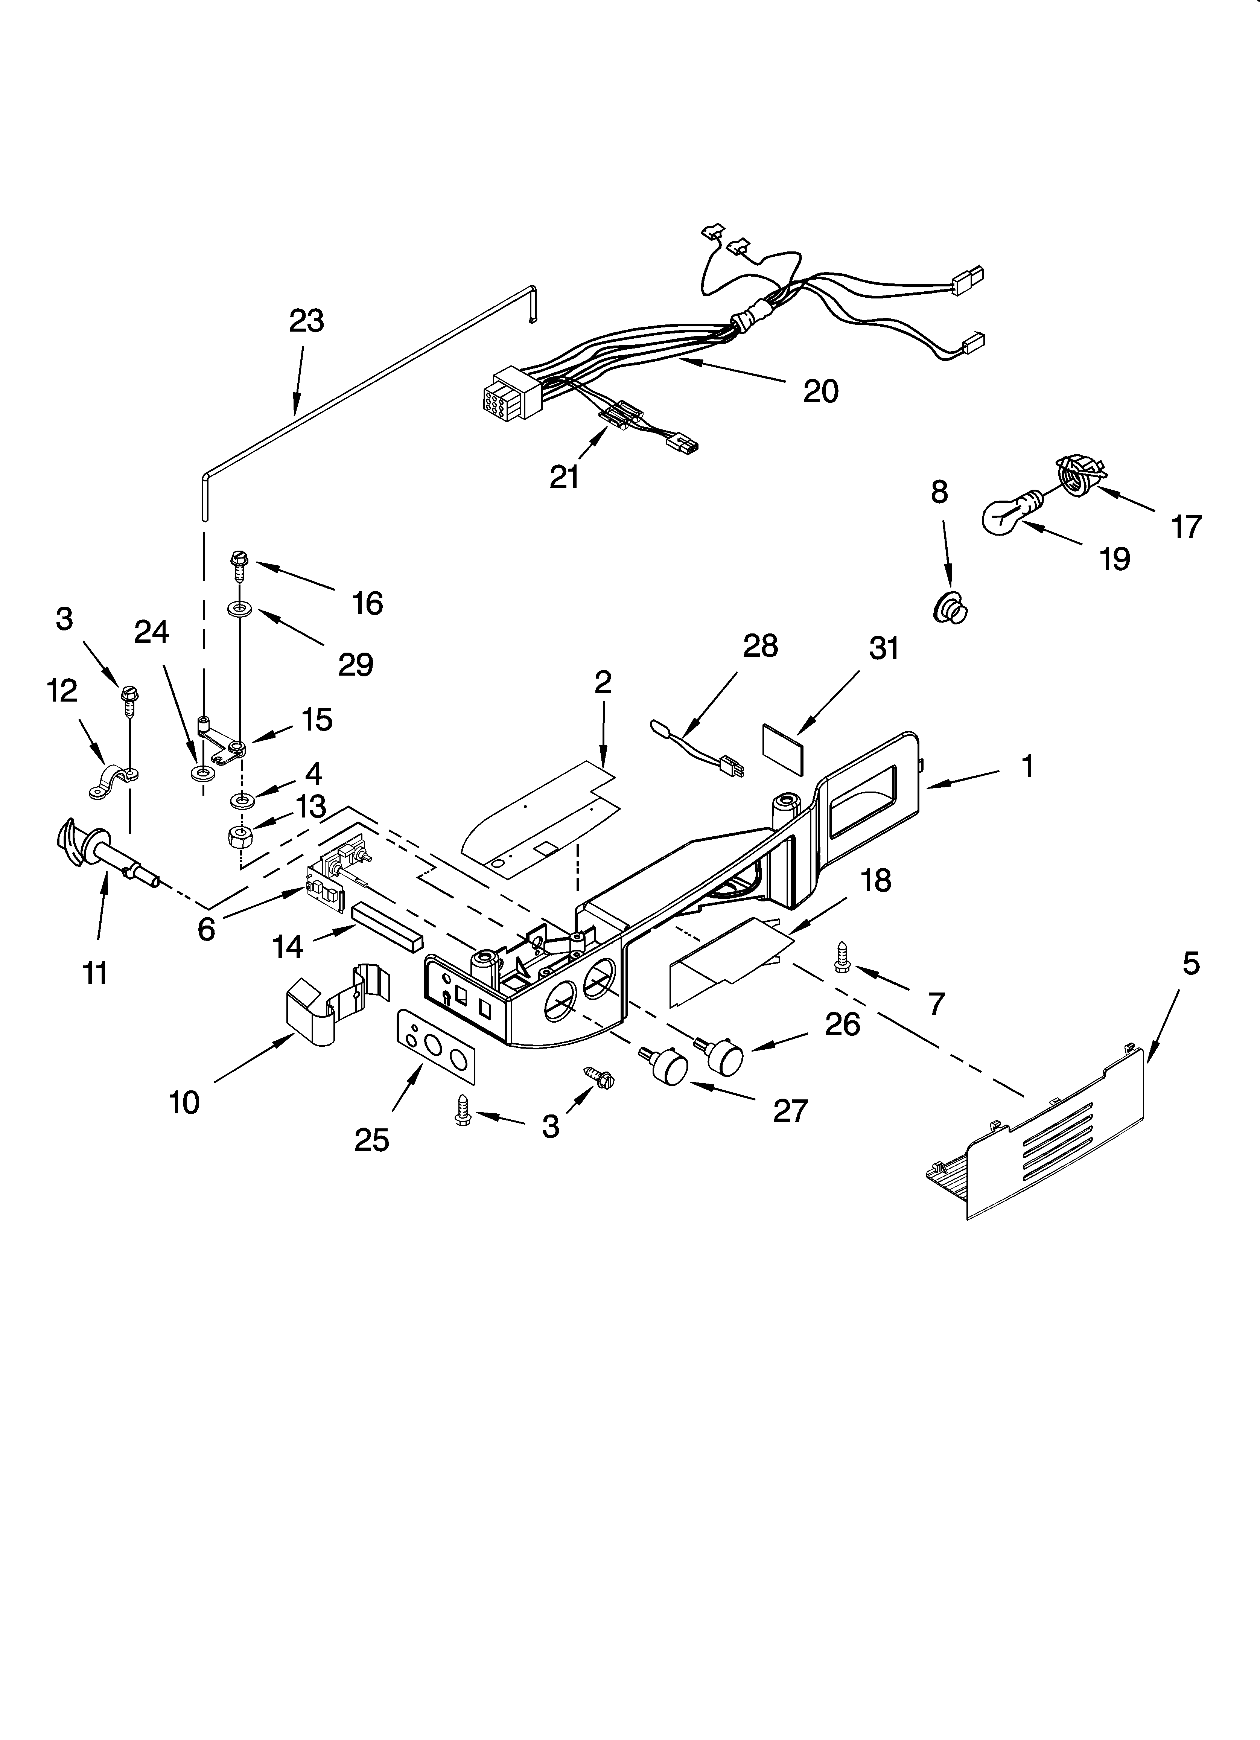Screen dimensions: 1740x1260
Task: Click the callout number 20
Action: [x=820, y=392]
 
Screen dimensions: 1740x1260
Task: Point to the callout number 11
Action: [x=95, y=974]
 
